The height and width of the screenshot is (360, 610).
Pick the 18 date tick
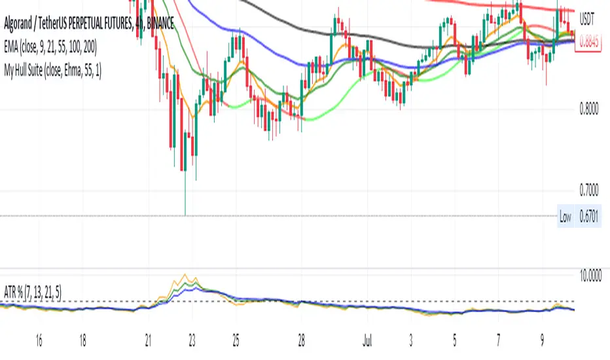pyautogui.click(x=82, y=341)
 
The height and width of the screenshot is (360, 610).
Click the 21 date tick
pyautogui.click(x=149, y=341)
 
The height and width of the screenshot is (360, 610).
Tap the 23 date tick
pyautogui.click(x=191, y=341)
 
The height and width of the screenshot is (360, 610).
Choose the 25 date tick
pyautogui.click(x=234, y=341)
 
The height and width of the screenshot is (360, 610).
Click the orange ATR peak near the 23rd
pyautogui.click(x=187, y=275)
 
